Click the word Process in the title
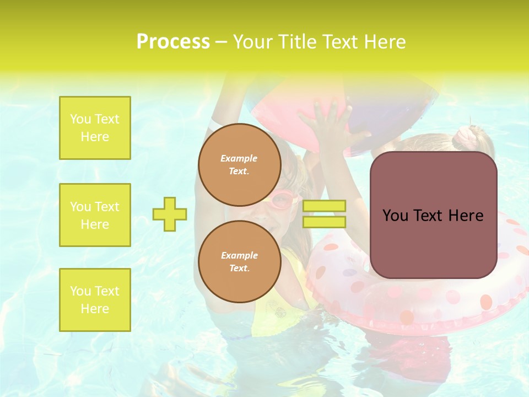pyautogui.click(x=172, y=42)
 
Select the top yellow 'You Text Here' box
pyautogui.click(x=95, y=128)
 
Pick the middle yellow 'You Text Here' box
pyautogui.click(x=95, y=215)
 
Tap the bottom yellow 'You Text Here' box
pyautogui.click(x=95, y=300)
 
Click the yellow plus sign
pyautogui.click(x=170, y=214)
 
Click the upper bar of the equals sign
pyautogui.click(x=324, y=206)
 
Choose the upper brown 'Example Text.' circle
pyautogui.click(x=239, y=164)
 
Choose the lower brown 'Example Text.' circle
pyautogui.click(x=239, y=261)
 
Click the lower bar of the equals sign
pyautogui.click(x=324, y=222)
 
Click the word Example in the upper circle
pyautogui.click(x=239, y=158)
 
